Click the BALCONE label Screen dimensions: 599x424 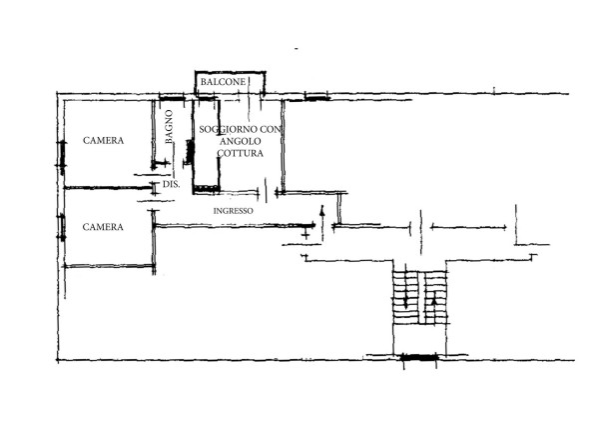(223, 82)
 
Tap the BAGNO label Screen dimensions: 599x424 (169, 127)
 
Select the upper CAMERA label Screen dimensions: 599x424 (103, 141)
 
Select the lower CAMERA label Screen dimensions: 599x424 (103, 227)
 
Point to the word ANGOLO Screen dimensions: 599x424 (241, 141)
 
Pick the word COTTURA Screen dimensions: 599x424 (241, 153)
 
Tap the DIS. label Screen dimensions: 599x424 (171, 184)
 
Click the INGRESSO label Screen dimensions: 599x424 (233, 211)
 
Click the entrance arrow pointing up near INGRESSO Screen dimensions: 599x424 (322, 223)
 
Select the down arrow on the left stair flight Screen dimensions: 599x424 (405, 290)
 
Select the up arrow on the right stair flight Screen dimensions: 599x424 (433, 305)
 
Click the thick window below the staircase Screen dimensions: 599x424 (419, 358)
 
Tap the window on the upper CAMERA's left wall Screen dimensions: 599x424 (61, 154)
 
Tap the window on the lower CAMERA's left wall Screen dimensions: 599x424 (62, 228)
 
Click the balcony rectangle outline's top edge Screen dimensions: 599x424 (230, 72)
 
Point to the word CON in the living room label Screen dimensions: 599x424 (271, 129)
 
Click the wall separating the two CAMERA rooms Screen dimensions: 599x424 (108, 188)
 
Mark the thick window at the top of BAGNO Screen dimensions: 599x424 (172, 99)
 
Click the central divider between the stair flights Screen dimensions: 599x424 (421, 298)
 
